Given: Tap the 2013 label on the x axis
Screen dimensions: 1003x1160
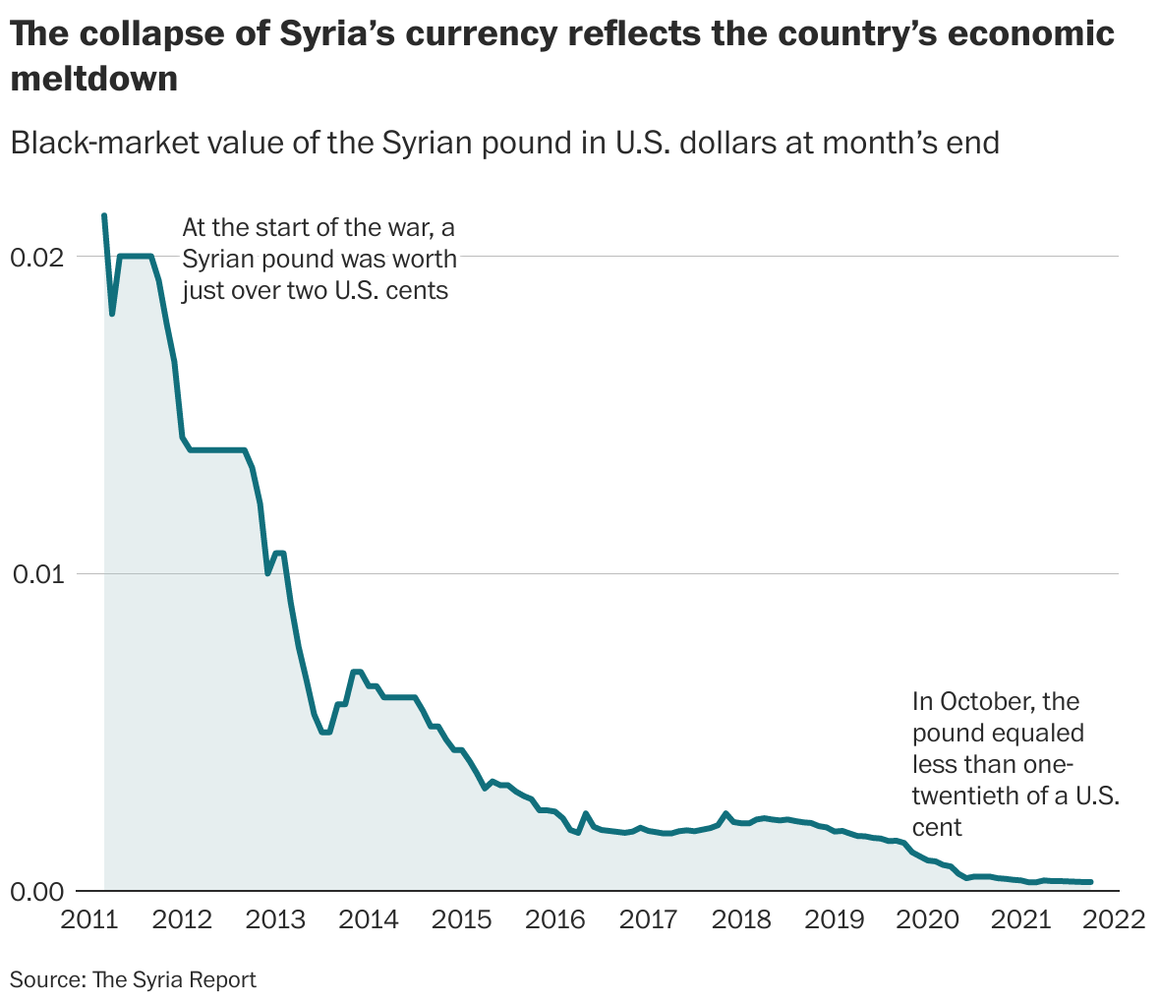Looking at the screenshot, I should click(x=275, y=920).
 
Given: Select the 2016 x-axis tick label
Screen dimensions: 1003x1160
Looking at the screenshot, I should click(x=554, y=920).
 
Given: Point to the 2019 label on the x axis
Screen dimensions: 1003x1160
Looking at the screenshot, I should click(x=835, y=920).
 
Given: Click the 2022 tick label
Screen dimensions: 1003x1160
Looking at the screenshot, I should click(x=1115, y=920).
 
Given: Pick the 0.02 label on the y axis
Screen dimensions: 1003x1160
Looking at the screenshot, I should click(x=35, y=258).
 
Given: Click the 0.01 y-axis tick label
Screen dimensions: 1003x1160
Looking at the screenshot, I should click(x=35, y=574).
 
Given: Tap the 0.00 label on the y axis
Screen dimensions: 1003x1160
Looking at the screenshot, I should click(x=35, y=892).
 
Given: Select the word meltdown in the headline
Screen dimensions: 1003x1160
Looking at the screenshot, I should click(x=94, y=79).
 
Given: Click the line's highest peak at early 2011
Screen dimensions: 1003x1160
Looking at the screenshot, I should click(x=104, y=215).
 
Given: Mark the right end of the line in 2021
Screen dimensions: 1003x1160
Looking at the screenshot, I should click(x=1090, y=882).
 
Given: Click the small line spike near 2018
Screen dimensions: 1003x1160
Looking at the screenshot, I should click(x=725, y=813).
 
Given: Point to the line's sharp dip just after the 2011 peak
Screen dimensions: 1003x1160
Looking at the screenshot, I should click(x=112, y=314).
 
